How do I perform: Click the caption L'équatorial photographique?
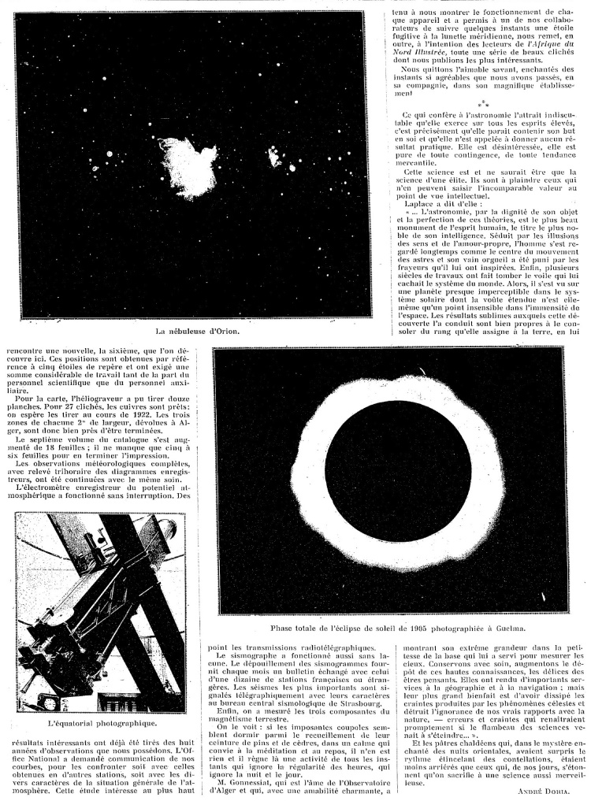[101, 721]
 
